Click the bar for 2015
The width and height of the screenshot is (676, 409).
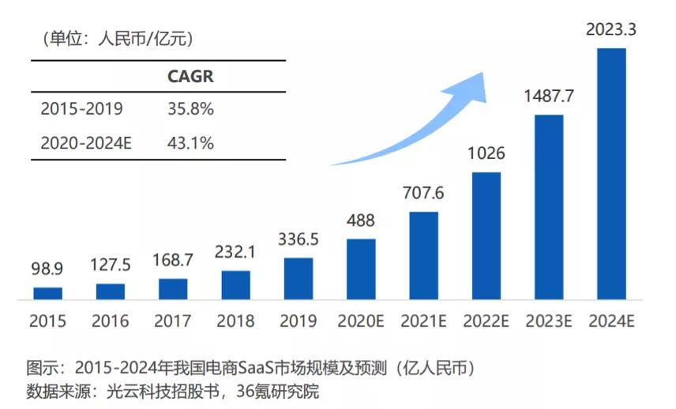click(x=47, y=293)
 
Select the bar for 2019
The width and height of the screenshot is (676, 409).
click(x=299, y=278)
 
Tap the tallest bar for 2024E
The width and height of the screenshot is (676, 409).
click(x=611, y=174)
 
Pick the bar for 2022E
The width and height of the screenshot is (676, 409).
click(x=486, y=236)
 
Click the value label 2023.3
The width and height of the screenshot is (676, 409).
click(x=611, y=31)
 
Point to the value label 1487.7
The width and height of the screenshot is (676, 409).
click(x=549, y=97)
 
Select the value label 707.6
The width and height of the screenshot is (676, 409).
click(x=424, y=194)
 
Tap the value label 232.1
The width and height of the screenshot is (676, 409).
click(x=235, y=253)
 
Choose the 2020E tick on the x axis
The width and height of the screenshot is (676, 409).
click(x=361, y=321)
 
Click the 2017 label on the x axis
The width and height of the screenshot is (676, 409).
click(x=173, y=321)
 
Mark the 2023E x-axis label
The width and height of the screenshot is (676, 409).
click(x=549, y=321)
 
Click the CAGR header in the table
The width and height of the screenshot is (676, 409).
click(x=190, y=77)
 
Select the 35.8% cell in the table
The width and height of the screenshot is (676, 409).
click(x=190, y=109)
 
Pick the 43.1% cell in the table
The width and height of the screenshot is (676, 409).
click(x=190, y=142)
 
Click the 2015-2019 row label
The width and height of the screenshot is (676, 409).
click(x=81, y=109)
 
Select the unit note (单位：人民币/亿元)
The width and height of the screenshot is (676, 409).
click(x=111, y=36)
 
